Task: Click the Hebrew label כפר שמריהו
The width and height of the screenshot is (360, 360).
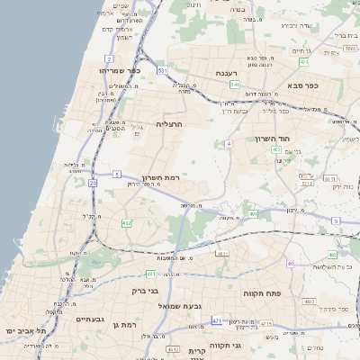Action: coord(120,69)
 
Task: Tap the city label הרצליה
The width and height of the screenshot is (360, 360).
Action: coord(169,124)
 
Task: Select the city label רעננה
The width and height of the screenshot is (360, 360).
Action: coord(225,73)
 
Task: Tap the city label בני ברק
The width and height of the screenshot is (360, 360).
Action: coord(139,291)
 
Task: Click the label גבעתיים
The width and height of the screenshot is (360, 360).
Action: coord(91,319)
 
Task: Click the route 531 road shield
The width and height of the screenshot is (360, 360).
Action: coord(162,69)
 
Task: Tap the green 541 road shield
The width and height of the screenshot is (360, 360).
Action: coord(234,85)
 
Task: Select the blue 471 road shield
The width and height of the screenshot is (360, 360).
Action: coord(217,320)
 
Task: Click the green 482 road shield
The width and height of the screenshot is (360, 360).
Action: coord(125,222)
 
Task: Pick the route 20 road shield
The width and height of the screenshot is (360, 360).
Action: coord(93,183)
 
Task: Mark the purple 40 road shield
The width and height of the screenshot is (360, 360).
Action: coord(290,263)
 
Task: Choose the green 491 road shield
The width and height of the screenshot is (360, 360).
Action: coord(253,214)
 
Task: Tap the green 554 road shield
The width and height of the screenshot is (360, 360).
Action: coord(304,62)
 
